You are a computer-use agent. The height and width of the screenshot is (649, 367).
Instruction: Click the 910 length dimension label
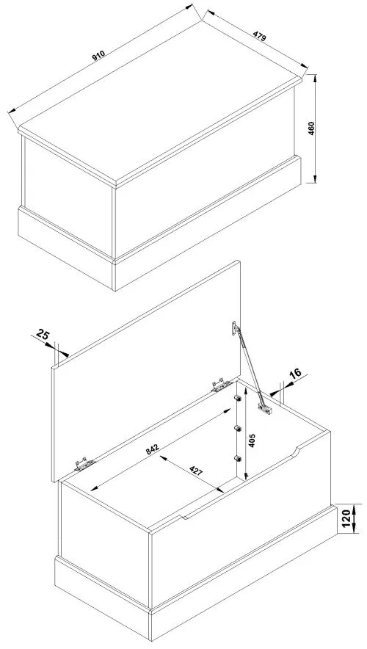(x=98, y=56)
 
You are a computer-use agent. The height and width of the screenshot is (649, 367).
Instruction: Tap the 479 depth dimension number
(x=259, y=35)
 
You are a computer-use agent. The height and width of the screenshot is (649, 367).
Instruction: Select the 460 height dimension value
(x=311, y=128)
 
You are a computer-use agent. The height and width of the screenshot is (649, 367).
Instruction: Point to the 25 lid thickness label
(x=43, y=333)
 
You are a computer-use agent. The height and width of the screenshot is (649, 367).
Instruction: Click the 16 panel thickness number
(x=295, y=374)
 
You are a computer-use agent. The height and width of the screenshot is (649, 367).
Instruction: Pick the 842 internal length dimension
(x=153, y=450)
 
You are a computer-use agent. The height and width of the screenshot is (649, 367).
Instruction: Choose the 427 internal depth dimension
(x=196, y=471)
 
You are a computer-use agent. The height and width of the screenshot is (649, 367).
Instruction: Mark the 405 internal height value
(x=252, y=440)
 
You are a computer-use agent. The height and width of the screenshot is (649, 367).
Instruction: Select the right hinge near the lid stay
(x=221, y=385)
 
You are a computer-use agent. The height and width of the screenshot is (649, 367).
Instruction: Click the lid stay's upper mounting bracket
(x=235, y=328)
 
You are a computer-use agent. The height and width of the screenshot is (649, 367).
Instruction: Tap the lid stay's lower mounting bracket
(x=265, y=408)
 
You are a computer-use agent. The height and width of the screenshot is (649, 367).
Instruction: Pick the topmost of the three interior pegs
(x=237, y=398)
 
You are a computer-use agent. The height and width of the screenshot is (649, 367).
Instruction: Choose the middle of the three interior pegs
(x=237, y=428)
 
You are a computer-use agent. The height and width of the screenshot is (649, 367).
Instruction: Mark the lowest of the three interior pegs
(x=237, y=458)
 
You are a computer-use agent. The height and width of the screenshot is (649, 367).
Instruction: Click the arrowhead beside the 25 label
(x=63, y=353)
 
